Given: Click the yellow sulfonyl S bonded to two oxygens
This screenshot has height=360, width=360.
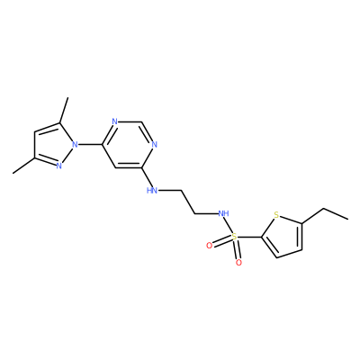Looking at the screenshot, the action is (x=234, y=237).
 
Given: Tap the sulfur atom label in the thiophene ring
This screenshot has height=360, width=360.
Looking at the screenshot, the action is (x=276, y=215).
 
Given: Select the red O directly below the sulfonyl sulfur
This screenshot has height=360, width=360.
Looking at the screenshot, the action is (x=238, y=263).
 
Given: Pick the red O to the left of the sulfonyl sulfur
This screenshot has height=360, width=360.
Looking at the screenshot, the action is (x=210, y=246).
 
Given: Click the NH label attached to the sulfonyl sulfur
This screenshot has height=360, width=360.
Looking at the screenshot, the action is (x=223, y=213).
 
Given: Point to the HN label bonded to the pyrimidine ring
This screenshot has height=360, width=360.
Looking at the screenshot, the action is (x=152, y=190).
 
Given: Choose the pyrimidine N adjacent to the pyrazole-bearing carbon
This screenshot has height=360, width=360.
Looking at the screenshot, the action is (x=114, y=121).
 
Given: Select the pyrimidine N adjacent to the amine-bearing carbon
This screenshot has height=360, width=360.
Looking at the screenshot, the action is (x=154, y=145).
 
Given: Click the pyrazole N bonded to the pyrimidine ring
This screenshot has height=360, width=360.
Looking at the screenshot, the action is (x=75, y=145).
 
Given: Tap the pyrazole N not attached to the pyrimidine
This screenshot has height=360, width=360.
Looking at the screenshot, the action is (x=59, y=166).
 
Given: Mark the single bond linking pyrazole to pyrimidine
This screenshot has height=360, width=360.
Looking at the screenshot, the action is (x=90, y=145).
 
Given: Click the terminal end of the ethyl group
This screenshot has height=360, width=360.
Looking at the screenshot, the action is (x=348, y=219).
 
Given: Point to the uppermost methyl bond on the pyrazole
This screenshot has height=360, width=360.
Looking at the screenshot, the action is (x=64, y=110).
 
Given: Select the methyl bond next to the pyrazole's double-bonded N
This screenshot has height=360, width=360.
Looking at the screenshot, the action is (x=23, y=166).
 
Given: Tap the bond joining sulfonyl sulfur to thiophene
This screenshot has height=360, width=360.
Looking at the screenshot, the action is (x=249, y=237).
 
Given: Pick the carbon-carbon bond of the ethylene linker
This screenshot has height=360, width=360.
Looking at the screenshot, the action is (x=188, y=202).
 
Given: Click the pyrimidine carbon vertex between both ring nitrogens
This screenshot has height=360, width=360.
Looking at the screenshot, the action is (x=141, y=121).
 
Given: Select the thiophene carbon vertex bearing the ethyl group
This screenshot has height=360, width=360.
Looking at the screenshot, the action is (x=301, y=223).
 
